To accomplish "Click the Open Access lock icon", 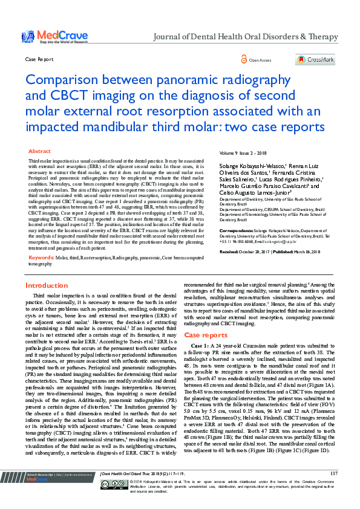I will (x=244, y=60).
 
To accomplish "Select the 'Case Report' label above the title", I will (x=38, y=60).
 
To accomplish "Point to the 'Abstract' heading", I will (x=40, y=151).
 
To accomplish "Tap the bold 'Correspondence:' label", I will (x=235, y=230).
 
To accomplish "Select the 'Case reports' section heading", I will (x=206, y=334).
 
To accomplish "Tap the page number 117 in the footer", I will (x=334, y=490).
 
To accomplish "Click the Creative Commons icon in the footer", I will (x=107, y=501).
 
